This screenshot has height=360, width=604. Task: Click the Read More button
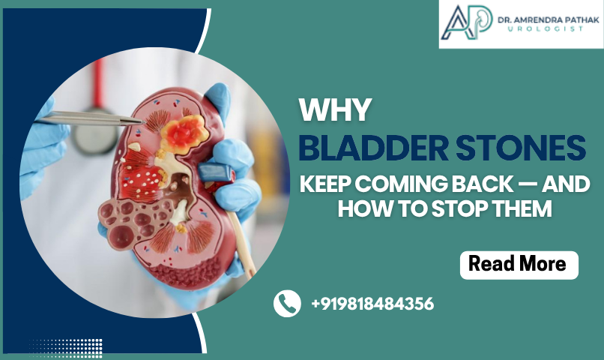(519, 265)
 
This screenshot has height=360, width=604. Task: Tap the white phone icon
(287, 303)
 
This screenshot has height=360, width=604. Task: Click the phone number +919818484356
(372, 304)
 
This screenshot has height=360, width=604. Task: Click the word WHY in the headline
(335, 110)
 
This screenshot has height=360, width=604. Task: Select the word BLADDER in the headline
(373, 148)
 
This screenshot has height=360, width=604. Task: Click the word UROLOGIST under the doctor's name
(546, 29)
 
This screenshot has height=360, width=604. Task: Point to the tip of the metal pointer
(145, 122)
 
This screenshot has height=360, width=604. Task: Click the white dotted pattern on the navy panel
(65, 348)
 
